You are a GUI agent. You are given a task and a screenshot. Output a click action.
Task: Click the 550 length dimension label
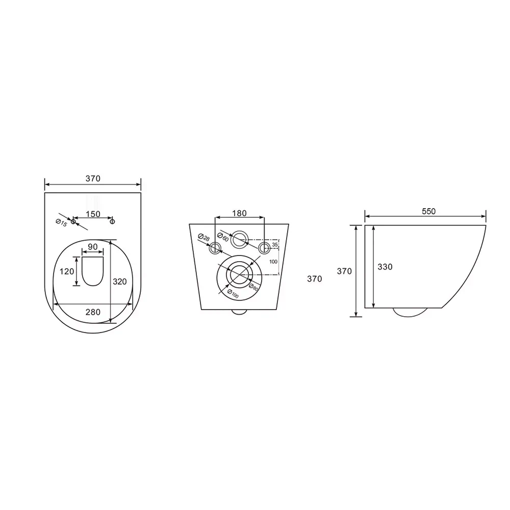pos(428,212)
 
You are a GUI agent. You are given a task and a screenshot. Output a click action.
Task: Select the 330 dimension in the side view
pos(385,267)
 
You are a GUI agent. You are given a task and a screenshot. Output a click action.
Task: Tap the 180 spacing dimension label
pos(239,213)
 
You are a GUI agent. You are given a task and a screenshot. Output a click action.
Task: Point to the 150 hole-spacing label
pos(93,214)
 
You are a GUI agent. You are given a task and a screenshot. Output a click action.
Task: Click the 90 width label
pos(93,247)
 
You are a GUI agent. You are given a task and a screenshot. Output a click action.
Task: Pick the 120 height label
pos(67,271)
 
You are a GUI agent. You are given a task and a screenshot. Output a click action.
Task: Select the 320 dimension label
pos(120,282)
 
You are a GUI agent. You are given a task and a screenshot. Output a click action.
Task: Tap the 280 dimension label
pos(93,312)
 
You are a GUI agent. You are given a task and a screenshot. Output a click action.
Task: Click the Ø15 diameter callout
pos(62,223)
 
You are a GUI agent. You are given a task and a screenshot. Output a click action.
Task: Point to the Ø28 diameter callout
pos(204,237)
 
